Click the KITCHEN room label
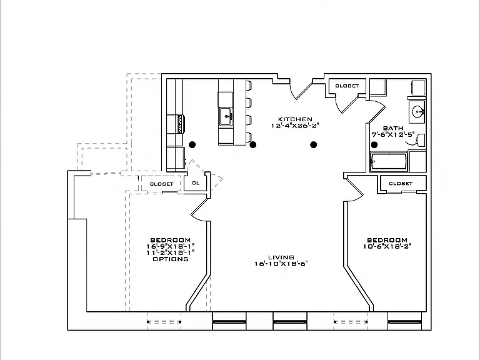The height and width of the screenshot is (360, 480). [x=295, y=119]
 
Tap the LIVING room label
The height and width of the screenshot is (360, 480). [x=281, y=257]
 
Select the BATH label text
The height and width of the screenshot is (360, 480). [x=393, y=128]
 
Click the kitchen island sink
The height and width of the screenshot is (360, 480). [x=226, y=116]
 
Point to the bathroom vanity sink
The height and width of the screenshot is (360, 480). [x=417, y=112]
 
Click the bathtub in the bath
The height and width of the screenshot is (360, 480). [x=389, y=161]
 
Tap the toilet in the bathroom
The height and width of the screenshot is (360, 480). [x=419, y=140]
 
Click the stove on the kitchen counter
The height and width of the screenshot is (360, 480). [x=176, y=124]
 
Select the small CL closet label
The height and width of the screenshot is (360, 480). [x=196, y=182]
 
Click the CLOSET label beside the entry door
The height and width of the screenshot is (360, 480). [x=347, y=86]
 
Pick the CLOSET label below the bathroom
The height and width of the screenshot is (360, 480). [x=401, y=183]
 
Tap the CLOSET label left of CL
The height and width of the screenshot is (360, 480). [x=162, y=184]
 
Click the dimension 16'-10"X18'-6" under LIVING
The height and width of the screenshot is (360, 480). [x=281, y=264]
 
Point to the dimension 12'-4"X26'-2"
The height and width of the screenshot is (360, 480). [x=295, y=125]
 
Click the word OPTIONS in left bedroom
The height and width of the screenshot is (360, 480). [x=171, y=259]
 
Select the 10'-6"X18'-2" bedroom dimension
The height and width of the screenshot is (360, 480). [x=387, y=246]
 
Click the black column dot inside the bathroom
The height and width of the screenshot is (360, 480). [x=374, y=144]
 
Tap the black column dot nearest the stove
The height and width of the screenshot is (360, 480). [x=192, y=144]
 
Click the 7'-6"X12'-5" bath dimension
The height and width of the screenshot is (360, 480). [x=393, y=134]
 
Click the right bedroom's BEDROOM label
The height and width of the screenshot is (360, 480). [x=387, y=240]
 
